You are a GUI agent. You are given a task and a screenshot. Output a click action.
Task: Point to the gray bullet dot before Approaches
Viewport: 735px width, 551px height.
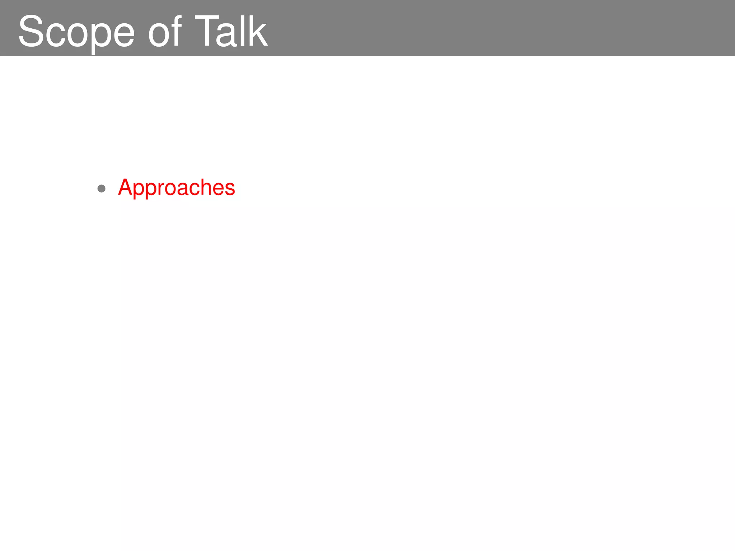tap(102, 188)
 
